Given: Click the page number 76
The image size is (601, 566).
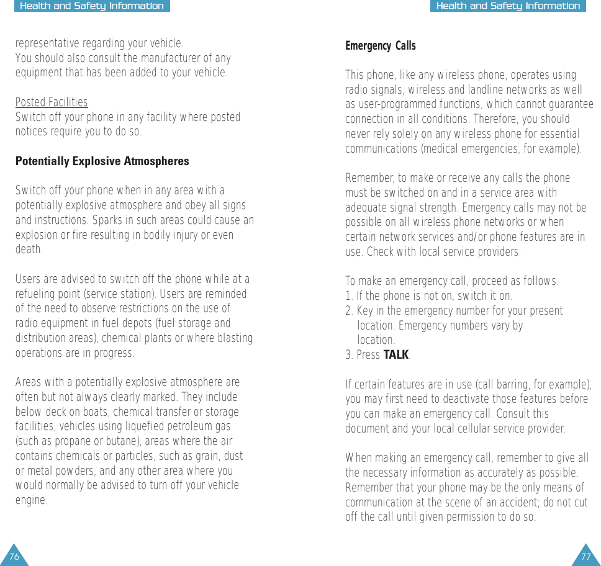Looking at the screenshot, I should coord(14,557).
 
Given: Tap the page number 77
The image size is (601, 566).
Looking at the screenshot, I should coord(586,557).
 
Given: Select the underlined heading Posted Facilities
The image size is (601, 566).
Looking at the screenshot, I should coord(52,102).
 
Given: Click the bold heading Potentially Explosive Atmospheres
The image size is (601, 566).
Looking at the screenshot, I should coord(102,161).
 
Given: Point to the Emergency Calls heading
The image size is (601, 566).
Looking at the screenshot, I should coord(380,46).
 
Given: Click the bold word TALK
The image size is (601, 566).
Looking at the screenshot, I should coord(396,355).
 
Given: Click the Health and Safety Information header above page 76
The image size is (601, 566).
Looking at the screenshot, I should coord(92,6).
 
